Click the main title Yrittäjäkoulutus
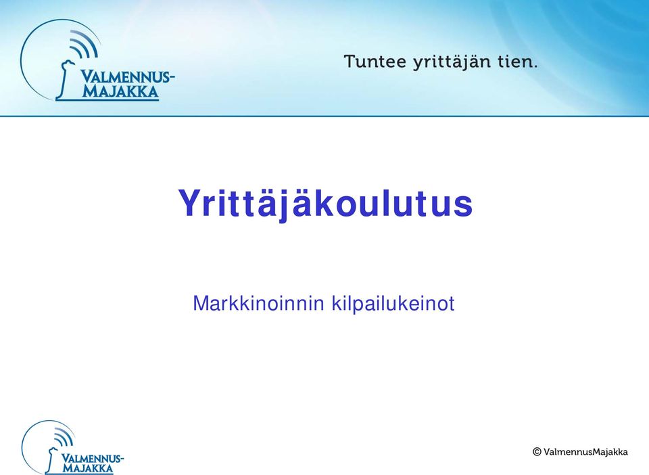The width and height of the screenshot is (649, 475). pyautogui.click(x=325, y=204)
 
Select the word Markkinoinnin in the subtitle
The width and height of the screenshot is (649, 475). pyautogui.click(x=258, y=303)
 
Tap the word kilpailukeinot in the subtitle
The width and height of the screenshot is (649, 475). pyautogui.click(x=393, y=304)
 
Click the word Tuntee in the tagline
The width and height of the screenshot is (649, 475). pyautogui.click(x=375, y=62)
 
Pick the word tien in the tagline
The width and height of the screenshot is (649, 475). pyautogui.click(x=514, y=62)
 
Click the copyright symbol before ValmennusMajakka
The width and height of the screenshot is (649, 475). pyautogui.click(x=537, y=451)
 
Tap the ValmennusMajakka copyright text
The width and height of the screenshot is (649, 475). pyautogui.click(x=585, y=452)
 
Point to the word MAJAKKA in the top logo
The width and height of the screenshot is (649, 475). pyautogui.click(x=120, y=91)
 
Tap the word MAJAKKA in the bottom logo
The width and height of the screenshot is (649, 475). pyautogui.click(x=88, y=468)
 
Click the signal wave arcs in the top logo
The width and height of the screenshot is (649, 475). pyautogui.click(x=84, y=43)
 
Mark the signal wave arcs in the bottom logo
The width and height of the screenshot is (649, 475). pyautogui.click(x=64, y=436)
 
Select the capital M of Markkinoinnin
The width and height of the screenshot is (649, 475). pyautogui.click(x=201, y=303)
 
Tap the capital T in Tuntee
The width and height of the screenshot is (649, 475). pyautogui.click(x=351, y=62)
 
